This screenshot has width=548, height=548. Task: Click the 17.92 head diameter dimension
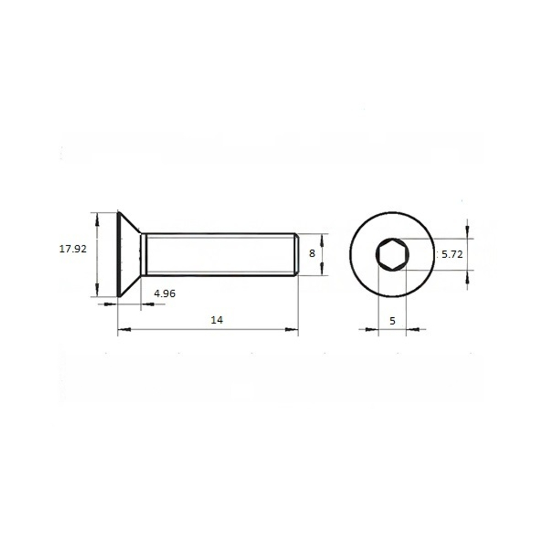(x=73, y=249)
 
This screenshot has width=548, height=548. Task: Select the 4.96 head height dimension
(x=164, y=294)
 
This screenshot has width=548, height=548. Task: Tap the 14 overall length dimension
(x=216, y=320)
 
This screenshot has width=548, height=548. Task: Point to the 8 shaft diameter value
(x=312, y=253)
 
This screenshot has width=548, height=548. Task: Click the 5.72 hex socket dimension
(x=452, y=254)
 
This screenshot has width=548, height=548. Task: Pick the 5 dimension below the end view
(x=392, y=321)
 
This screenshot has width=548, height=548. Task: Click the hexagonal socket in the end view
(x=392, y=254)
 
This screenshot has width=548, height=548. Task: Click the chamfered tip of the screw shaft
(x=296, y=254)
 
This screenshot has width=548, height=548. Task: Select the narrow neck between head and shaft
(x=143, y=254)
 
